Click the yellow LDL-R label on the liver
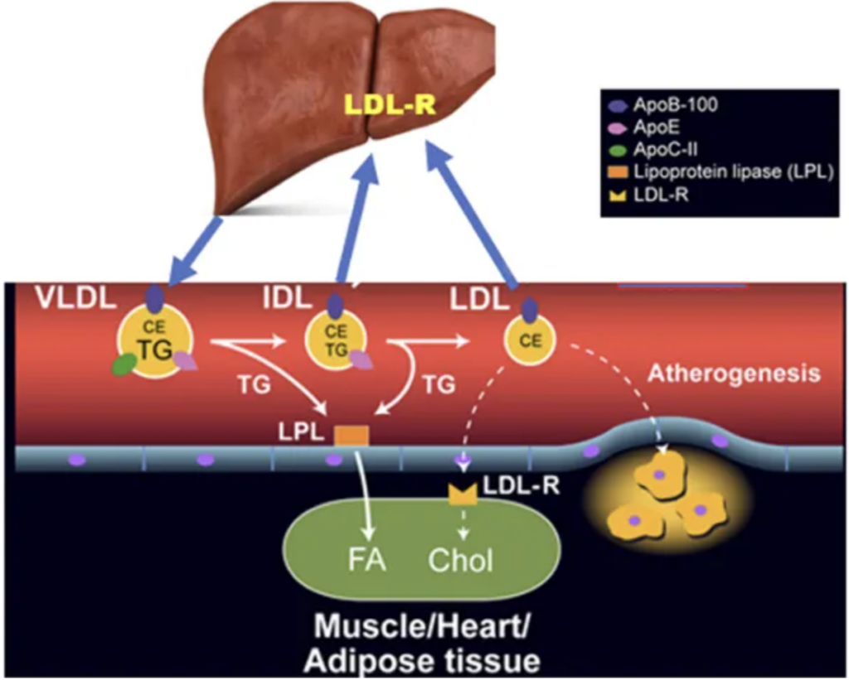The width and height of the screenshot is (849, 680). point(391,105)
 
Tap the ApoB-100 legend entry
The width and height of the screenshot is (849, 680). point(664,104)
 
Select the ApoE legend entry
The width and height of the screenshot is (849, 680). point(644,128)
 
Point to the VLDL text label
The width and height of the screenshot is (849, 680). point(75,297)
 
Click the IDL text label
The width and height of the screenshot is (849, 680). point(288,297)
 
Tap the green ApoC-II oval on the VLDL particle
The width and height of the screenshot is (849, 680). point(124,364)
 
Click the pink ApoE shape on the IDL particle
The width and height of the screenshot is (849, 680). point(361,359)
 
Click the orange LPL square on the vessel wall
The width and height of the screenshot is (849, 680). point(352,436)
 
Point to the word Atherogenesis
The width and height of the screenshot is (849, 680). point(735,374)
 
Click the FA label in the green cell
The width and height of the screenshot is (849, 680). point(366,560)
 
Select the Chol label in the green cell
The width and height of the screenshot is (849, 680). point(460,560)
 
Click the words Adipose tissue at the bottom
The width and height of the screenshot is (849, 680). point(422,660)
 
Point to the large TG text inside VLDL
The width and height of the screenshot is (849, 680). point(155,350)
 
